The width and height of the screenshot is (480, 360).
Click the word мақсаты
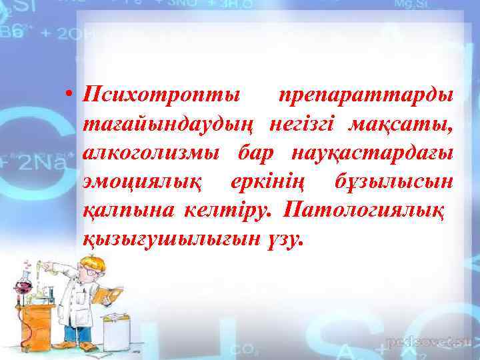409,125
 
